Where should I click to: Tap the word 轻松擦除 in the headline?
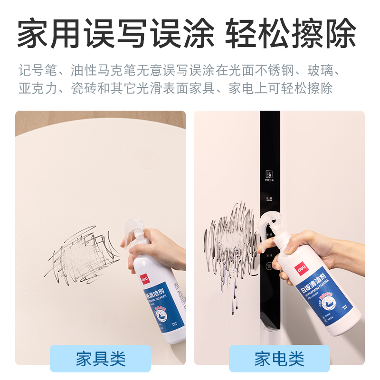click(291, 34)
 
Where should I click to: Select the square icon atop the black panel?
click(269, 173)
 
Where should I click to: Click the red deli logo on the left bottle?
click(144, 277)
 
